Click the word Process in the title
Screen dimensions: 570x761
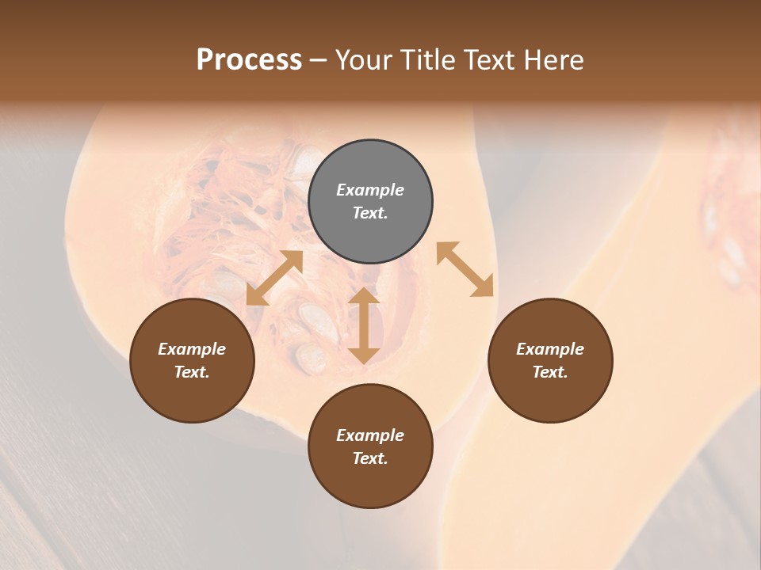pos(249,60)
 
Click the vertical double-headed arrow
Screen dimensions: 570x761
pos(364,325)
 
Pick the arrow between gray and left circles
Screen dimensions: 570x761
pos(274,278)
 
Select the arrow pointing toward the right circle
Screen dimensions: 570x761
pos(465,269)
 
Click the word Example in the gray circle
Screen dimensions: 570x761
pos(370,190)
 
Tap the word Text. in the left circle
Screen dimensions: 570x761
pos(192,372)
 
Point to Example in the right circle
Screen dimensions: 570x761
pos(550,349)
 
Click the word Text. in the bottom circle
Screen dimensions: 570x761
pos(370,458)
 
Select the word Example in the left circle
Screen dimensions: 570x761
pos(192,349)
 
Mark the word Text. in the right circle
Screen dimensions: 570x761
pos(550,372)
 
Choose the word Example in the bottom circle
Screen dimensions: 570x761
pos(370,435)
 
